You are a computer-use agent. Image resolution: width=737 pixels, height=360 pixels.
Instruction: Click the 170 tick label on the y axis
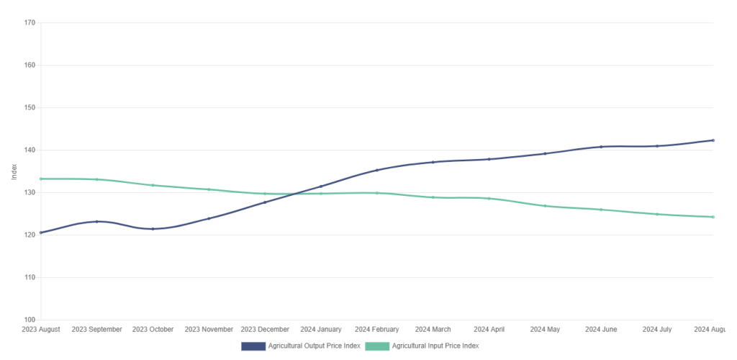pos(30,23)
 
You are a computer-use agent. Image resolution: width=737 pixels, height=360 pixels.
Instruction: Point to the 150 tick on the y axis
pos(30,108)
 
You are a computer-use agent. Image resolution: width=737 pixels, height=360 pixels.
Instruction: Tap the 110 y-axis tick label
pos(30,278)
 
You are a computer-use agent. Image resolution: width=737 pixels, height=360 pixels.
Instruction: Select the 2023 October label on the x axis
pos(153,330)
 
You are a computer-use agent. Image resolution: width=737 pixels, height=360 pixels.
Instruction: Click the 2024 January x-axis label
pos(321,330)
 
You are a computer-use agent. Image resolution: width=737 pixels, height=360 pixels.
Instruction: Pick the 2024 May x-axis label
pos(545,330)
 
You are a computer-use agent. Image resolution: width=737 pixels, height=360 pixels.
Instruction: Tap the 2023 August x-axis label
pos(41,330)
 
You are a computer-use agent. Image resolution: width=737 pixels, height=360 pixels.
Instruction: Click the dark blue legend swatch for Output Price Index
pos(253,346)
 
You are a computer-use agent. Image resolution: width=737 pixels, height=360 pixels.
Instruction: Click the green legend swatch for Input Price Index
pos(377,346)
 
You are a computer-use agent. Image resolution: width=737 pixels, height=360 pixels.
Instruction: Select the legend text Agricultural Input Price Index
pos(435,346)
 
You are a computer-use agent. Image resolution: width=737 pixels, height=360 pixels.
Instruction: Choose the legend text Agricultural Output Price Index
pos(314,346)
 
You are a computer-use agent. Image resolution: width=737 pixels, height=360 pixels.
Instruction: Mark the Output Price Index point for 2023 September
pos(97,222)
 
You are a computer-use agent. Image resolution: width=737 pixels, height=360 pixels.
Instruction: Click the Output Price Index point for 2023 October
pos(153,229)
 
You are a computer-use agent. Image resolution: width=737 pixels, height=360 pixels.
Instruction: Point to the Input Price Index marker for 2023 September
pos(97,179)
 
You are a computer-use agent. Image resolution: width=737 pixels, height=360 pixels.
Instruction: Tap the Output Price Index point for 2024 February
pos(377,170)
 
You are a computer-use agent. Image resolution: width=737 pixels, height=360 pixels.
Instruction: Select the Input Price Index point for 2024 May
pos(545,206)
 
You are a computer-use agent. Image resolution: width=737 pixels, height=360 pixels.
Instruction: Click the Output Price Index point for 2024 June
pos(601,147)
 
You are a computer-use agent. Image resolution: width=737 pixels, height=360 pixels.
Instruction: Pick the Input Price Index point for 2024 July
pos(657,214)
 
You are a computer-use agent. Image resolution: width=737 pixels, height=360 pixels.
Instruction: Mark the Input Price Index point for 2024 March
pos(433,197)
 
